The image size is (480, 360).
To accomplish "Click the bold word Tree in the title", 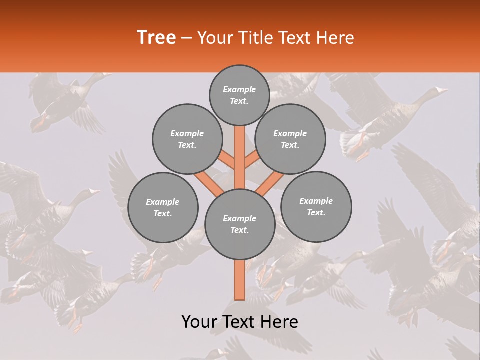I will (x=156, y=38).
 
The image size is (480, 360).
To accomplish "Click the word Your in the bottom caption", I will (x=199, y=322).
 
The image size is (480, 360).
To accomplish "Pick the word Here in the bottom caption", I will (x=279, y=322).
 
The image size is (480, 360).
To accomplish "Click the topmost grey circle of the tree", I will (x=239, y=95).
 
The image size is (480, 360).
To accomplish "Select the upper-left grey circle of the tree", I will (x=187, y=139).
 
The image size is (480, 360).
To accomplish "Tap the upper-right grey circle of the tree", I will (x=290, y=139).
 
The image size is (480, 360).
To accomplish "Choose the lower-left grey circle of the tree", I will (x=163, y=207).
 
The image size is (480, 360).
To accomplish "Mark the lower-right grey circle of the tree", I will (x=316, y=206).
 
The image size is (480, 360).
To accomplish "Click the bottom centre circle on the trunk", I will (x=240, y=224).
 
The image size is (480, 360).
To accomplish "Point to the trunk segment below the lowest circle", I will (x=240, y=280).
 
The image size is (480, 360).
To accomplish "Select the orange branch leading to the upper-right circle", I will (x=252, y=161).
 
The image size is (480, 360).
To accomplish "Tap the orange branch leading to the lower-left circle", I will (x=209, y=182).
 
